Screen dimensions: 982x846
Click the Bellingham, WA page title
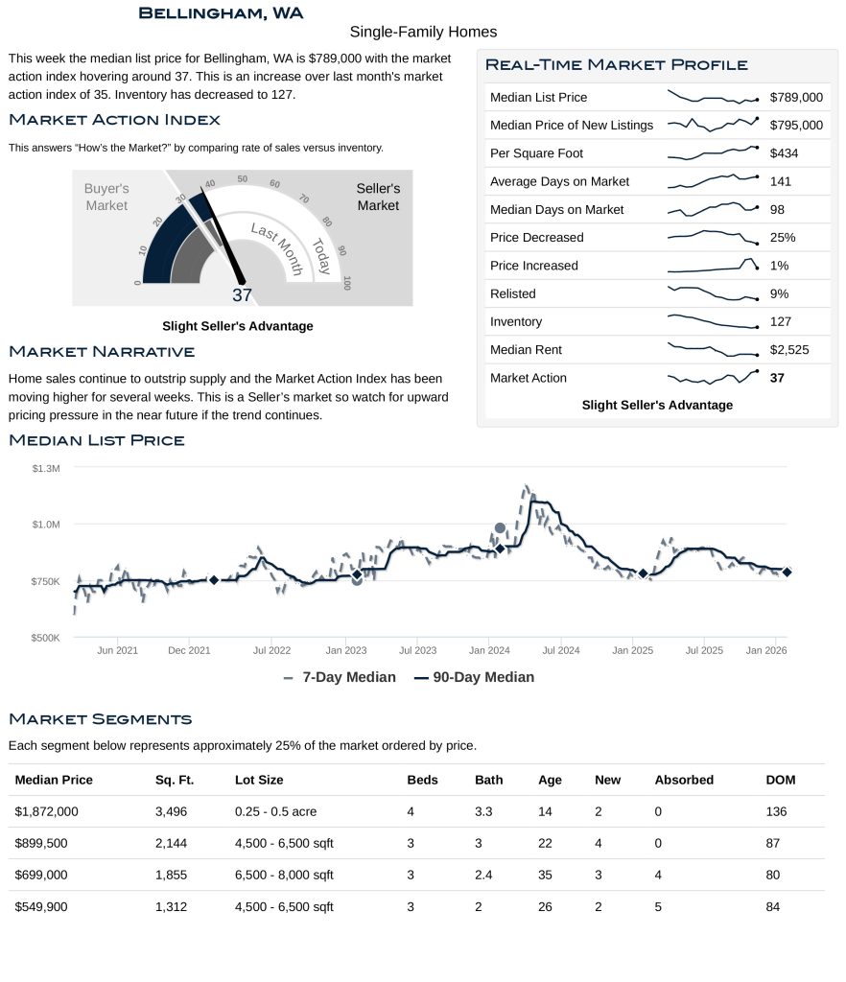point(221,12)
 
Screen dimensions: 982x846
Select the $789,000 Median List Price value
point(796,97)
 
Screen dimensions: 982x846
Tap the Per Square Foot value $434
point(784,153)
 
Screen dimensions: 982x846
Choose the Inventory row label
point(516,322)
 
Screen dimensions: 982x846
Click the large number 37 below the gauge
point(242,295)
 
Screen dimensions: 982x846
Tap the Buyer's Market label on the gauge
point(106,198)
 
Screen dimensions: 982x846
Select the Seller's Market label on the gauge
point(378,197)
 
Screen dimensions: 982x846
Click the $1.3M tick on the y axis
point(46,468)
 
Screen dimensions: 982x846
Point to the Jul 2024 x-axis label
point(561,650)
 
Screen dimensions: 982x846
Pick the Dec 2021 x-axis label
point(189,650)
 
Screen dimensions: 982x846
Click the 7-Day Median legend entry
point(341,677)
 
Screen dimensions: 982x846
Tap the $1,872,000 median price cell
point(46,811)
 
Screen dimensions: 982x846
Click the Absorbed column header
point(684,780)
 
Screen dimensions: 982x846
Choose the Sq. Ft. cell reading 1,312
point(173,906)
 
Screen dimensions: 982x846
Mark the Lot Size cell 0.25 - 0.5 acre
point(275,811)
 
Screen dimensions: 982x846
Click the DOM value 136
point(777,811)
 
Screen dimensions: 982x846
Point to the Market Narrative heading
point(102,352)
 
